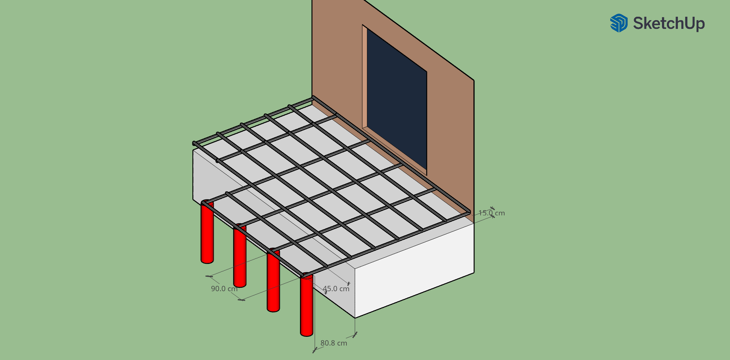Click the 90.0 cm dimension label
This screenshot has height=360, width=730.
point(224,289)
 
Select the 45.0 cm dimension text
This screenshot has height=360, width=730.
point(336,289)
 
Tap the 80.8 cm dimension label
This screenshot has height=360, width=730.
point(334,343)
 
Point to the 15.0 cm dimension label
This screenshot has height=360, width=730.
point(492,213)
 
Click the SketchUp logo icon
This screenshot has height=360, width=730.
point(619,23)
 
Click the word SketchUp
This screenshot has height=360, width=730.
point(669,24)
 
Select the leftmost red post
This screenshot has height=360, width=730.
point(207,232)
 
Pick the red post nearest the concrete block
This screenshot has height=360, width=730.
point(306,304)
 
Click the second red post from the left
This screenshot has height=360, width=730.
point(240,255)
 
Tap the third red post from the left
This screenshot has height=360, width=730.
point(273,280)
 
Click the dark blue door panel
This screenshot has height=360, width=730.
point(397,101)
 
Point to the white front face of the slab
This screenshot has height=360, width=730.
point(414,270)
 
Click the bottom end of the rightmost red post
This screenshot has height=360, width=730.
point(306,334)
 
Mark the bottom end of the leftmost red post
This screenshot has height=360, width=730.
point(207,261)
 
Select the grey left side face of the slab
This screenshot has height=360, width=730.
point(243,213)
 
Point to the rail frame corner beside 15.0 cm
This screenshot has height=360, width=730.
point(470,213)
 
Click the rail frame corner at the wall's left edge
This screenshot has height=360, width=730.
point(313,98)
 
